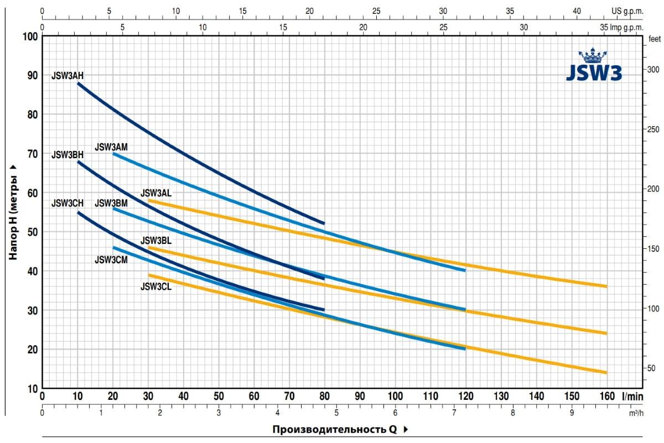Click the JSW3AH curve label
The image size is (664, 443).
point(68,75)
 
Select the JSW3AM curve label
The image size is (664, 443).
point(111,147)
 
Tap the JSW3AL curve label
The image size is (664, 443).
point(156,193)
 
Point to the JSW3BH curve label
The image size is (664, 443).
point(68,155)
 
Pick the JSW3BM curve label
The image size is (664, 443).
point(111,204)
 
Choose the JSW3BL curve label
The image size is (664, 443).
point(156,241)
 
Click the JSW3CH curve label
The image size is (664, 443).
point(68,204)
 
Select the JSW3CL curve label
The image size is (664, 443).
point(156,286)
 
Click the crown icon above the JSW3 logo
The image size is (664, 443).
point(593,56)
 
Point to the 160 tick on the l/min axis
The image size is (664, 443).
point(606,396)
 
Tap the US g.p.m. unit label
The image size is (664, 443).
point(627,11)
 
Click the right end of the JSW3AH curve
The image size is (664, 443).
point(324,223)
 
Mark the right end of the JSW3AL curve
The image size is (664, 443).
point(606,286)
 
